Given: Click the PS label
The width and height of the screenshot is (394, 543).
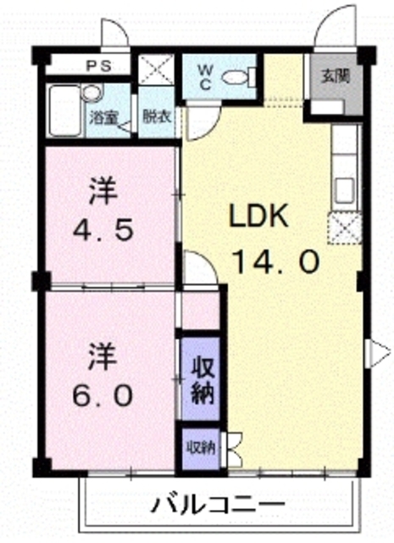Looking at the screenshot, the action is (x=98, y=66).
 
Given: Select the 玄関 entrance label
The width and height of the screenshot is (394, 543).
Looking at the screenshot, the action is (x=335, y=76).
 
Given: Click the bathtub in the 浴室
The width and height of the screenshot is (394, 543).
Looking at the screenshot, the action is (x=65, y=110).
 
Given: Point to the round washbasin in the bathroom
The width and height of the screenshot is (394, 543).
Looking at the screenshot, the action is (x=92, y=92).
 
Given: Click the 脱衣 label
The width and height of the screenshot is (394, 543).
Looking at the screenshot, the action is (x=157, y=117).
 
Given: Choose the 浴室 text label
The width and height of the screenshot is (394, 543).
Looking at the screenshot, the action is (x=103, y=118).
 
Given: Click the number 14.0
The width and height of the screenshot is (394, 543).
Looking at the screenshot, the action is (x=275, y=262).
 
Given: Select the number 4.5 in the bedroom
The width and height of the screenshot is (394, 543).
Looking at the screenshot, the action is (x=103, y=231).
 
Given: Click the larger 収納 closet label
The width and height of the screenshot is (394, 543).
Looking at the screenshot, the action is (x=203, y=380).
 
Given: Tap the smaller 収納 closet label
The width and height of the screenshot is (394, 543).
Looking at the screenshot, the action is (x=202, y=449).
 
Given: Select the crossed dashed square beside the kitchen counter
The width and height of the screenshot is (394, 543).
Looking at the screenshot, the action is (x=345, y=227).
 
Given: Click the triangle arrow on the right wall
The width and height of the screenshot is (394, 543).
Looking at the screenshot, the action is (x=377, y=353).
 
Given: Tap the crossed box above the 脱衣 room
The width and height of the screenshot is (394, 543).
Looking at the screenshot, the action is (x=157, y=69).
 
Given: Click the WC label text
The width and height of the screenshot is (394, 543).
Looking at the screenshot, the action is (x=205, y=77).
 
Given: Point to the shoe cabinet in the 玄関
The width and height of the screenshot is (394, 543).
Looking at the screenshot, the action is (x=327, y=108).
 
